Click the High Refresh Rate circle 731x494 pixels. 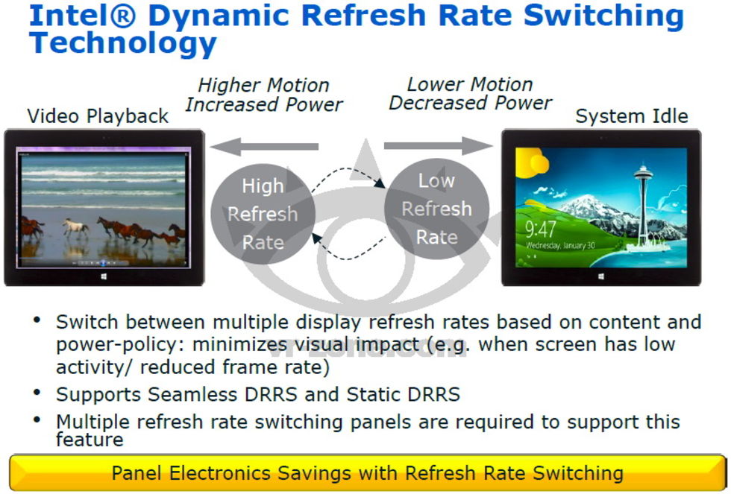tap(263, 214)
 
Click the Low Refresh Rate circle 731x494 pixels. tap(437, 209)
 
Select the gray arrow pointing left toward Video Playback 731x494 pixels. tap(264, 146)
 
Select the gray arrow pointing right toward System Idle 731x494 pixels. tap(439, 145)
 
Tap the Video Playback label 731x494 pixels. tap(98, 116)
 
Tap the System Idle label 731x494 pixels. tap(632, 116)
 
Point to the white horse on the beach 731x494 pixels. tap(75, 227)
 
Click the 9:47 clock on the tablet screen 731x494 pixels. tap(541, 229)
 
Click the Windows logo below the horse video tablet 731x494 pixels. tap(104, 276)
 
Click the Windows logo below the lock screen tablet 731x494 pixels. tap(601, 276)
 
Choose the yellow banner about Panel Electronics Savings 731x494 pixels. tap(367, 472)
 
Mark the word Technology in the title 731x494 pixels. tap(122, 43)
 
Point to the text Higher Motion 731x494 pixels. tap(263, 85)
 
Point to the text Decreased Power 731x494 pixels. tap(471, 103)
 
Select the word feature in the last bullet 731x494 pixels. tap(90, 439)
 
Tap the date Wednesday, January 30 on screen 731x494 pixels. tap(560, 245)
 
